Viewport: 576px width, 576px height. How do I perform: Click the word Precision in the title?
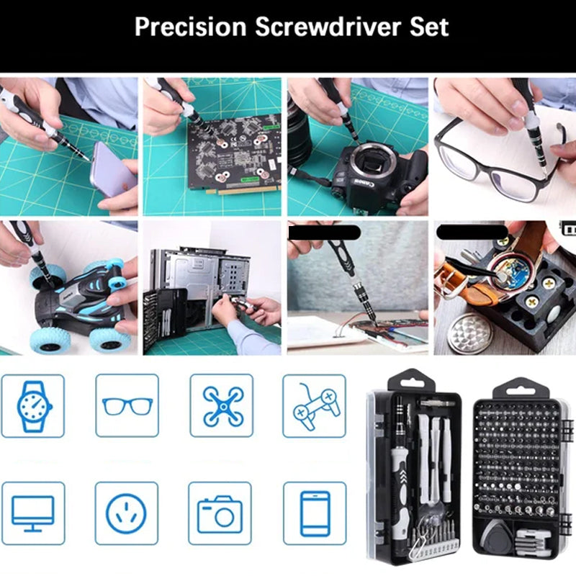tap(190, 27)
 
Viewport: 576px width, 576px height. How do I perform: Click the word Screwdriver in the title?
tap(328, 27)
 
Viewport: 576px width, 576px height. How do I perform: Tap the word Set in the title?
tap(429, 27)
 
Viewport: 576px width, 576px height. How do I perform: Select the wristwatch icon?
tap(34, 406)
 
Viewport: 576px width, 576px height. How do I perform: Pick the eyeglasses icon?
tap(127, 406)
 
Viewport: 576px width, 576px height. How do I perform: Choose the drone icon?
tap(223, 406)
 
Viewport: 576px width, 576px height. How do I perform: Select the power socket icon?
tap(126, 513)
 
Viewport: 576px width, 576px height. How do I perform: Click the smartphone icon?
tap(315, 513)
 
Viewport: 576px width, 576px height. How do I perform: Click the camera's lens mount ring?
tap(373, 164)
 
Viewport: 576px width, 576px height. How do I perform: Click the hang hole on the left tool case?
tap(412, 384)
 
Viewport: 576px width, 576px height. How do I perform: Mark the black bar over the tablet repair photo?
tap(323, 233)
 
